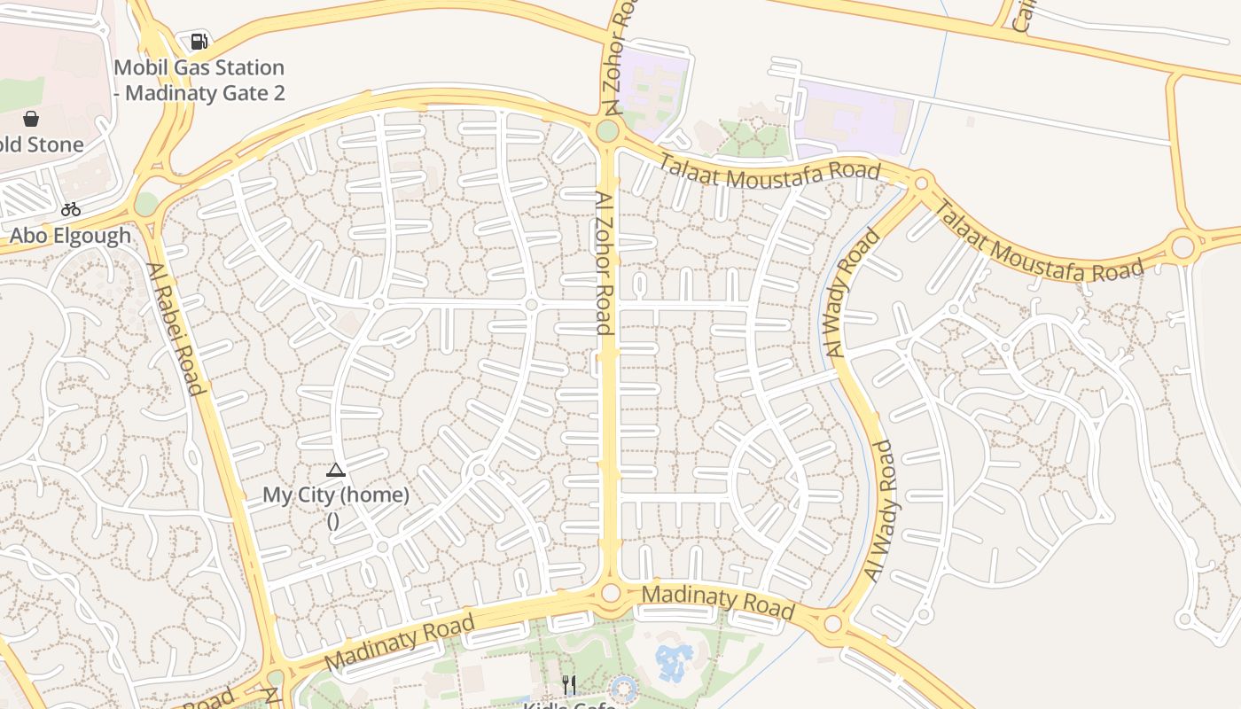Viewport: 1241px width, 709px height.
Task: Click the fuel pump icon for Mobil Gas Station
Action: pos(199,41)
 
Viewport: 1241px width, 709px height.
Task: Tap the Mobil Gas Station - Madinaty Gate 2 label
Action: pos(199,80)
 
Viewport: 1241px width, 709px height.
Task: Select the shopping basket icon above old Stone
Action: pos(31,119)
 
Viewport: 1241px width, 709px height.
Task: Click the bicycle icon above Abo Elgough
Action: pos(71,209)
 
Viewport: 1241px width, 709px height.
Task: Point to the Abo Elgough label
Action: pos(70,236)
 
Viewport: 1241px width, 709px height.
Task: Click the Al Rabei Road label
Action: pos(175,328)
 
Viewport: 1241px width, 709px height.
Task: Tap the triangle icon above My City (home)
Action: pos(335,470)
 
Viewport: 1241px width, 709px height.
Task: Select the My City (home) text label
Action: pos(336,495)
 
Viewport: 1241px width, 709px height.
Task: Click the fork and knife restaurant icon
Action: pos(569,684)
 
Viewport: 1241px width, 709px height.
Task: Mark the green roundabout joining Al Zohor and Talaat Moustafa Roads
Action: pos(607,131)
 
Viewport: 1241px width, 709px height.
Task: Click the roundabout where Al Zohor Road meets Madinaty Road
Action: pos(610,592)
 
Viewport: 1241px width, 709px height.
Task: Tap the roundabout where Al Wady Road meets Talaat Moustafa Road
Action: pos(921,183)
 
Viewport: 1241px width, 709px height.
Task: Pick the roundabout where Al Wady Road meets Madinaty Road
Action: pos(832,624)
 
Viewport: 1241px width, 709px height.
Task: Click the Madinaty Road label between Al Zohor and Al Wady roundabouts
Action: pos(717,601)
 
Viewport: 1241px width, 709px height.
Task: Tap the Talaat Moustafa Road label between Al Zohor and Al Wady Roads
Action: pos(769,168)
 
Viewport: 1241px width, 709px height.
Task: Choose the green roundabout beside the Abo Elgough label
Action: pos(146,204)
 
